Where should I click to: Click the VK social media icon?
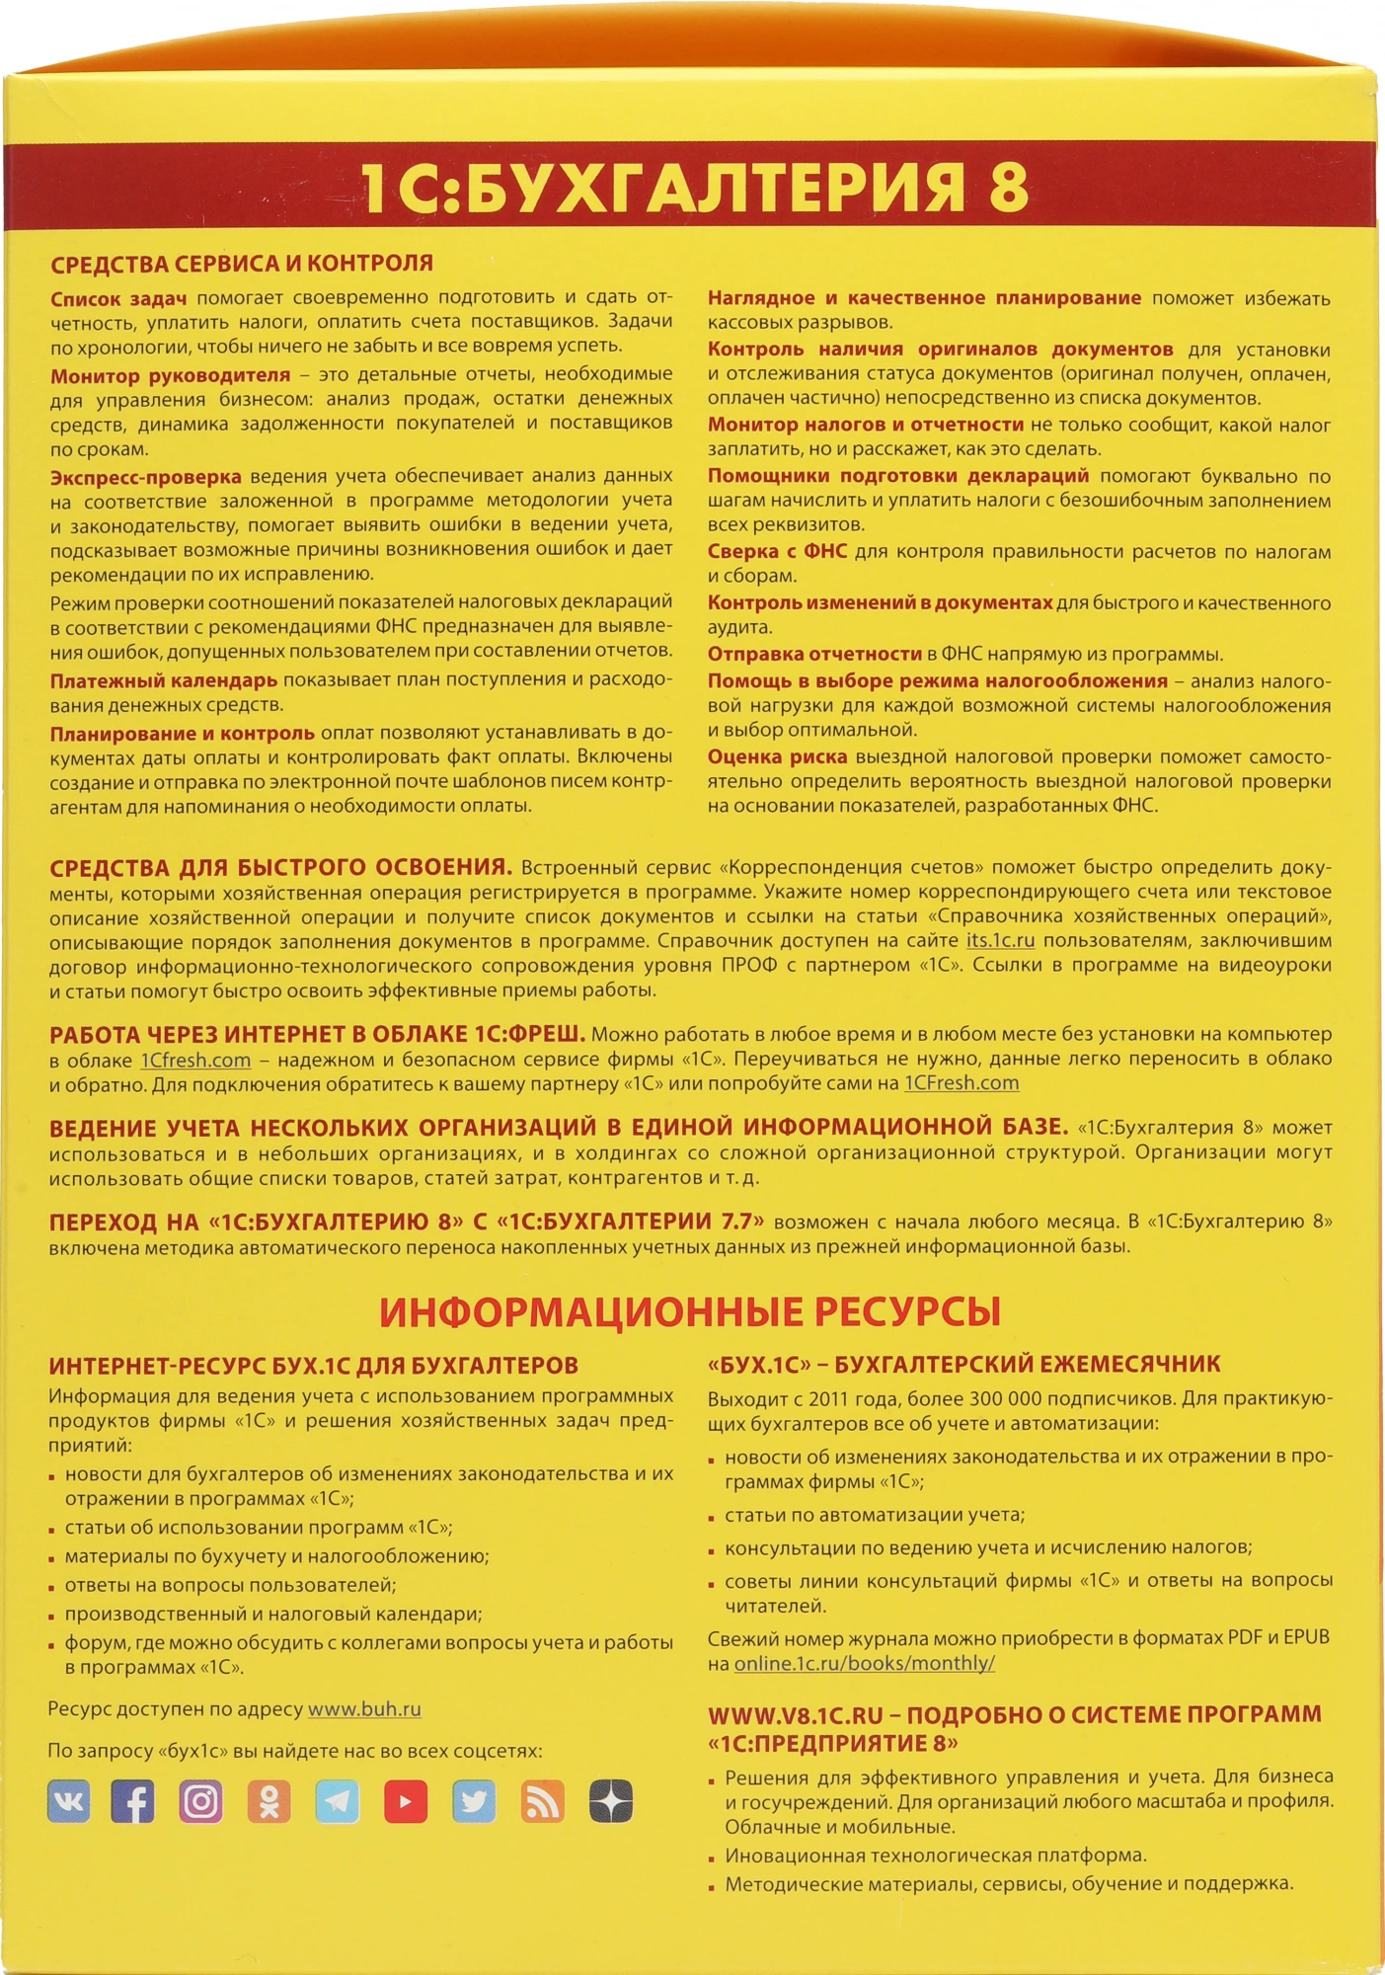pyautogui.click(x=69, y=1801)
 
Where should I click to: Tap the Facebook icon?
pyautogui.click(x=132, y=1801)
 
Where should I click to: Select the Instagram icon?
pyautogui.click(x=200, y=1801)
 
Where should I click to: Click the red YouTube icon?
pyautogui.click(x=406, y=1801)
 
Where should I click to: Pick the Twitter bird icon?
pyautogui.click(x=474, y=1801)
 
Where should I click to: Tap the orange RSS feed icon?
pyautogui.click(x=542, y=1801)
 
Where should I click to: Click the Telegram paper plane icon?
pyautogui.click(x=338, y=1801)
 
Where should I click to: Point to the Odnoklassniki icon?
pyautogui.click(x=269, y=1801)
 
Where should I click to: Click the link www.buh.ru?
pyautogui.click(x=364, y=1709)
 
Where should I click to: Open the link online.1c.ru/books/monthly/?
pyautogui.click(x=864, y=1663)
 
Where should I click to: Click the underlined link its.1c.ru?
pyautogui.click(x=1000, y=941)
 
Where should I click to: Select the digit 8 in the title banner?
pyautogui.click(x=1008, y=188)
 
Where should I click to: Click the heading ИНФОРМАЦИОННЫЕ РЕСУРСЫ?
pyautogui.click(x=690, y=1311)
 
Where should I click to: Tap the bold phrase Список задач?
pyautogui.click(x=118, y=298)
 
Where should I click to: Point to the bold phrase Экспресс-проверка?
pyautogui.click(x=146, y=478)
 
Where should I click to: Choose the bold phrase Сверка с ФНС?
pyautogui.click(x=777, y=551)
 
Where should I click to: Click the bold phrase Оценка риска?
pyautogui.click(x=777, y=757)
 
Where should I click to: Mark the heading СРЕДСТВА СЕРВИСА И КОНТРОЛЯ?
pyautogui.click(x=242, y=264)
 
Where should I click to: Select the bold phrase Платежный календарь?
pyautogui.click(x=164, y=680)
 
